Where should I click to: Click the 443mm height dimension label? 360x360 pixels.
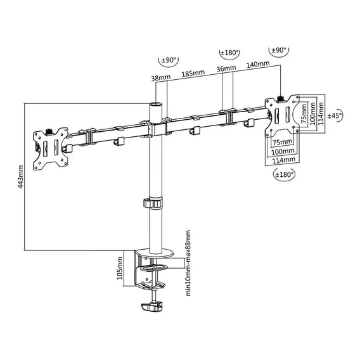(x=20, y=177)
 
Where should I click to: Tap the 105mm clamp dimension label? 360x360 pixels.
(x=120, y=268)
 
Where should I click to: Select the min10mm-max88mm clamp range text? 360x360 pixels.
(x=188, y=263)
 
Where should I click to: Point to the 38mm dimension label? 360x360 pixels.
(x=161, y=78)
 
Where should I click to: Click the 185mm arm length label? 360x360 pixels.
(x=193, y=74)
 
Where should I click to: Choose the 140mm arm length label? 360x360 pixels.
(x=258, y=64)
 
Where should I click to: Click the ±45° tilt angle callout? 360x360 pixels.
(x=335, y=115)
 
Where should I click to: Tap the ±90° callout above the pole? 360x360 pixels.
(x=169, y=61)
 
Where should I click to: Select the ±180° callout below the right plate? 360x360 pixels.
(x=284, y=175)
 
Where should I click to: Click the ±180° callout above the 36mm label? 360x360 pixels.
(x=229, y=53)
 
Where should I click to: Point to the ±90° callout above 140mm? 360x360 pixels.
(x=279, y=50)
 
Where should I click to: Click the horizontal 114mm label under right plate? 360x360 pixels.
(x=284, y=160)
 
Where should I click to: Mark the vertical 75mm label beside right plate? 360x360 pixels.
(x=304, y=113)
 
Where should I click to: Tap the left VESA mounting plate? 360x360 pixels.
(x=51, y=148)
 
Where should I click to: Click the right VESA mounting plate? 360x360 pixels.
(x=282, y=116)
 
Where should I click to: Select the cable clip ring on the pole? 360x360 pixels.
(x=153, y=203)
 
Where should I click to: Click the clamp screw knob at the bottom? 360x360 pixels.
(x=152, y=307)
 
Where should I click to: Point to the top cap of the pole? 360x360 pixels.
(x=155, y=104)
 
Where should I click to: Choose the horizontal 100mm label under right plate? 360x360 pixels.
(x=283, y=151)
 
